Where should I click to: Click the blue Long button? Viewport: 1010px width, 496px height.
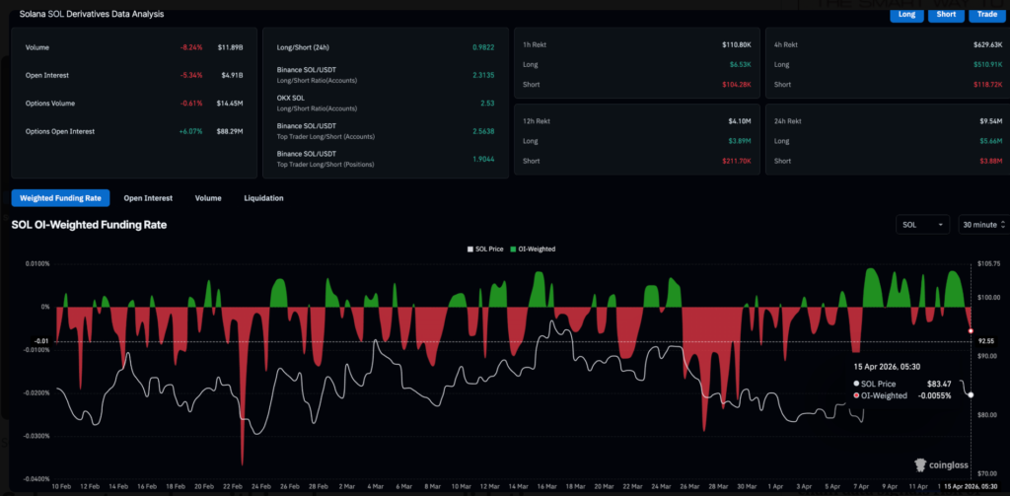coord(905,14)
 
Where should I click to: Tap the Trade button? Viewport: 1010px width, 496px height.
coord(982,14)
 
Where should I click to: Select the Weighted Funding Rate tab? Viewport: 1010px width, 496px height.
coord(60,198)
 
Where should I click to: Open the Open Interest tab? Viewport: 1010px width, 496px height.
coord(148,198)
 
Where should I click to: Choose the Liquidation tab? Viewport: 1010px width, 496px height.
coord(263,198)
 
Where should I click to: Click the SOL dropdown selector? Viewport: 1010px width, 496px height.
coord(922,225)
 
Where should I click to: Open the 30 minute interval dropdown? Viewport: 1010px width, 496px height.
coord(981,225)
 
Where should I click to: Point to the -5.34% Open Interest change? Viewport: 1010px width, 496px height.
coord(191,75)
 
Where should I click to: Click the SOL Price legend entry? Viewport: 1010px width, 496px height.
coord(484,249)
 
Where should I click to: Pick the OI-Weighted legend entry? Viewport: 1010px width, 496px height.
coord(534,249)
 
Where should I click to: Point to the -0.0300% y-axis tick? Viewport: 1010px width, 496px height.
coord(31,436)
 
